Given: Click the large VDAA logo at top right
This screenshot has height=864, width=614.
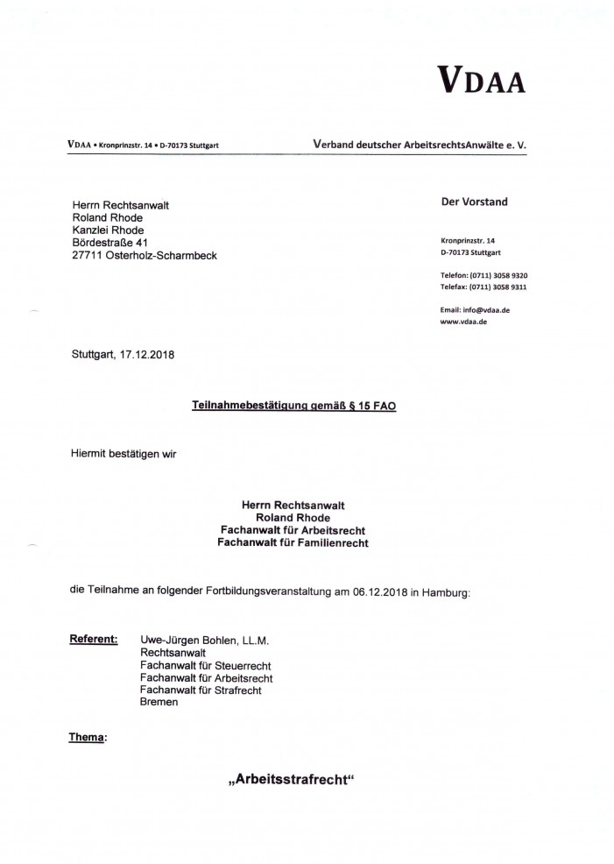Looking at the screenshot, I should tap(482, 81).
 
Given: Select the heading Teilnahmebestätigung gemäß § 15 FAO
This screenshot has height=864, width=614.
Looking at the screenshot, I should tap(294, 407).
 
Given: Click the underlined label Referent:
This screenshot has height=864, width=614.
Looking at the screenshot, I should tap(93, 639).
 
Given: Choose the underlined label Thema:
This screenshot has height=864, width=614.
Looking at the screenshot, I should tap(88, 738).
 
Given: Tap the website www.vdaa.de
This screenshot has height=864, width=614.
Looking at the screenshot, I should tap(464, 322).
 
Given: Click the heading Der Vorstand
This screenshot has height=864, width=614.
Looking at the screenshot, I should tap(475, 202).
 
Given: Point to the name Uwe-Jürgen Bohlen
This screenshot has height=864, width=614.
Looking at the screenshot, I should tap(189, 640).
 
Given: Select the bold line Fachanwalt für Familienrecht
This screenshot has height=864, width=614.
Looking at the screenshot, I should tap(293, 543).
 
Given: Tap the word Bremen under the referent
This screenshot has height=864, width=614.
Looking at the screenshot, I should tap(159, 703).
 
